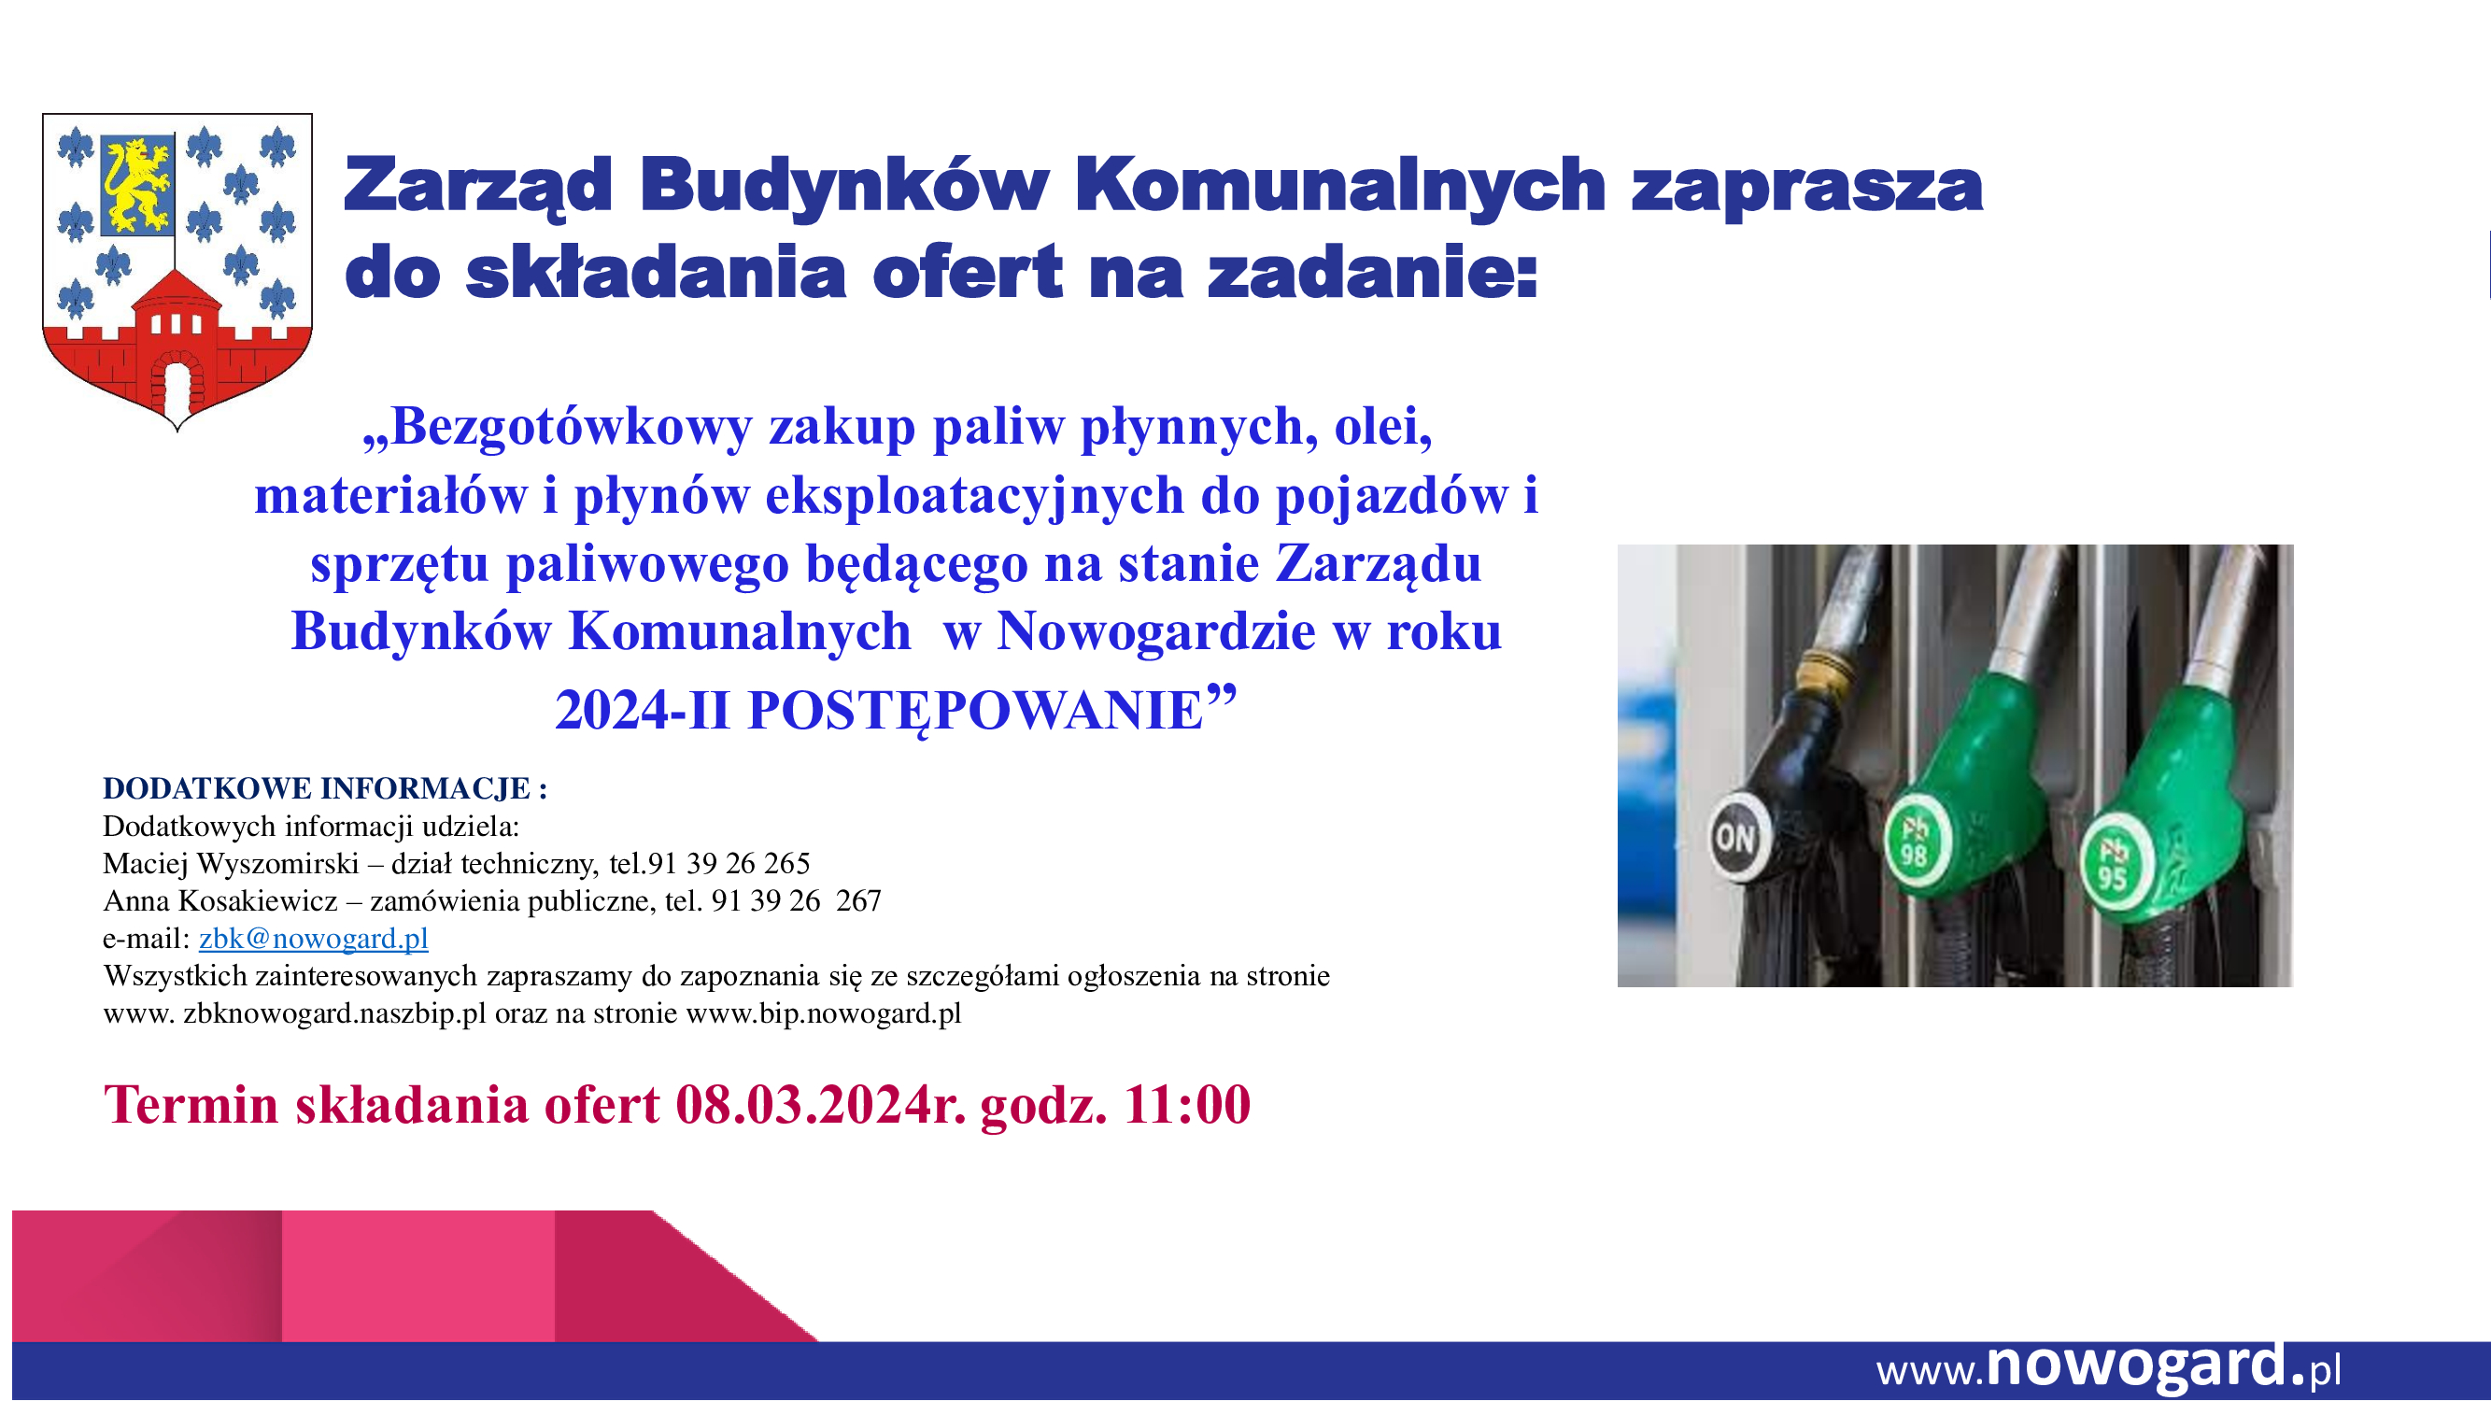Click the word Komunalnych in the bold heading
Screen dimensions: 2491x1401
click(1340, 186)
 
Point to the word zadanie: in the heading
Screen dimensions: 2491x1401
click(1372, 273)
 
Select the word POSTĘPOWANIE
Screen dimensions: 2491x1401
click(976, 712)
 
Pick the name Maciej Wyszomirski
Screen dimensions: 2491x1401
click(231, 863)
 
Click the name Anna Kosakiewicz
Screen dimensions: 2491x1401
click(220, 901)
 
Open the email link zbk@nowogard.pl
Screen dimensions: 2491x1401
click(313, 939)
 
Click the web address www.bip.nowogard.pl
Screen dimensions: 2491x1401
click(823, 1014)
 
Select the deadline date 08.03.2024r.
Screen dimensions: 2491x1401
click(820, 1104)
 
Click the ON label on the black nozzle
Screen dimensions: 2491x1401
click(1734, 837)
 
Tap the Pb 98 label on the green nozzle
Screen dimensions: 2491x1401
click(1915, 842)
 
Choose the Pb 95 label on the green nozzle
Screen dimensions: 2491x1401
click(2113, 863)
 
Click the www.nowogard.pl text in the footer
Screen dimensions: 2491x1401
click(2108, 1367)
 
